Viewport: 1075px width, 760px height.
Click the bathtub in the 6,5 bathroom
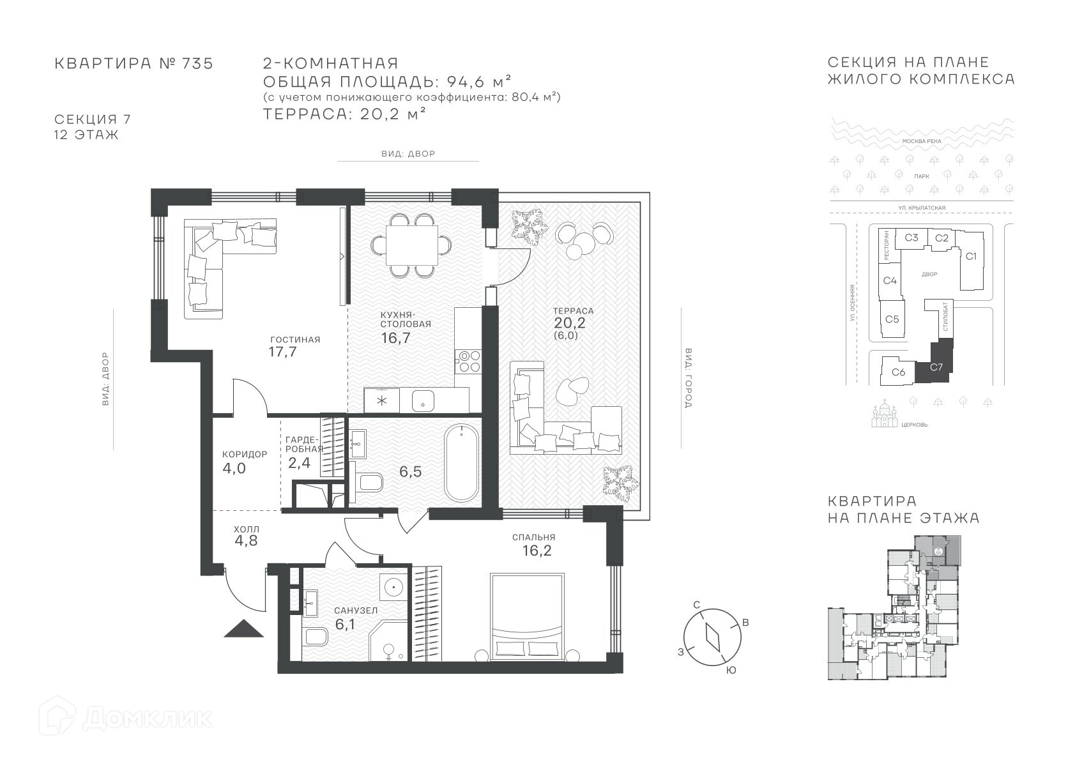coord(461,464)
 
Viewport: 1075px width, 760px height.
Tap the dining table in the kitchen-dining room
coord(412,245)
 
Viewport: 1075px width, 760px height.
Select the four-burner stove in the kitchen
coord(468,361)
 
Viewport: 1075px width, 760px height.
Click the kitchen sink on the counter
coord(423,400)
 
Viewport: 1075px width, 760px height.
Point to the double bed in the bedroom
coord(526,617)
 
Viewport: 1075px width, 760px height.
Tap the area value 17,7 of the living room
coord(283,352)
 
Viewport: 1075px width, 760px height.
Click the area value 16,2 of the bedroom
coord(537,551)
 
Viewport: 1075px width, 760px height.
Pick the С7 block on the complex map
coord(935,367)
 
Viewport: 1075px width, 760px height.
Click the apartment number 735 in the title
coord(197,64)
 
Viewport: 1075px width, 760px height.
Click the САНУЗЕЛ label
coord(356,611)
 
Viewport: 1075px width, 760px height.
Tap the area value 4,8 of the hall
coord(246,541)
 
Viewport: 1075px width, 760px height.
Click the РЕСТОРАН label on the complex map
coord(886,245)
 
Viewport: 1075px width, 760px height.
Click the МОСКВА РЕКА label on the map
coord(922,141)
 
